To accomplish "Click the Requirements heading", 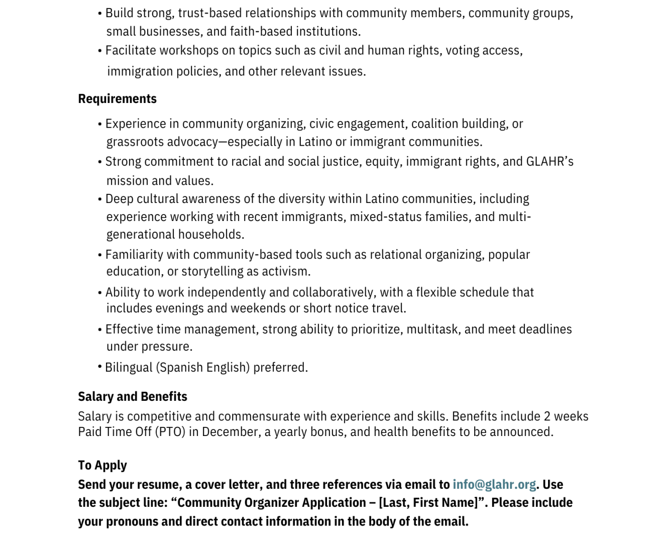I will (x=117, y=99).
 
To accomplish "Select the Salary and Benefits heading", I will (x=132, y=397).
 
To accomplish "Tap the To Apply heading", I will (x=102, y=466).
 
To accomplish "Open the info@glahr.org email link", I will (x=494, y=485).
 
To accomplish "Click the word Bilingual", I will (x=129, y=368).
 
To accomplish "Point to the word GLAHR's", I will (x=549, y=162).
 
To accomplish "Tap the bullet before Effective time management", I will (x=100, y=330).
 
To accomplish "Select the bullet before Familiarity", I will (x=100, y=255).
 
